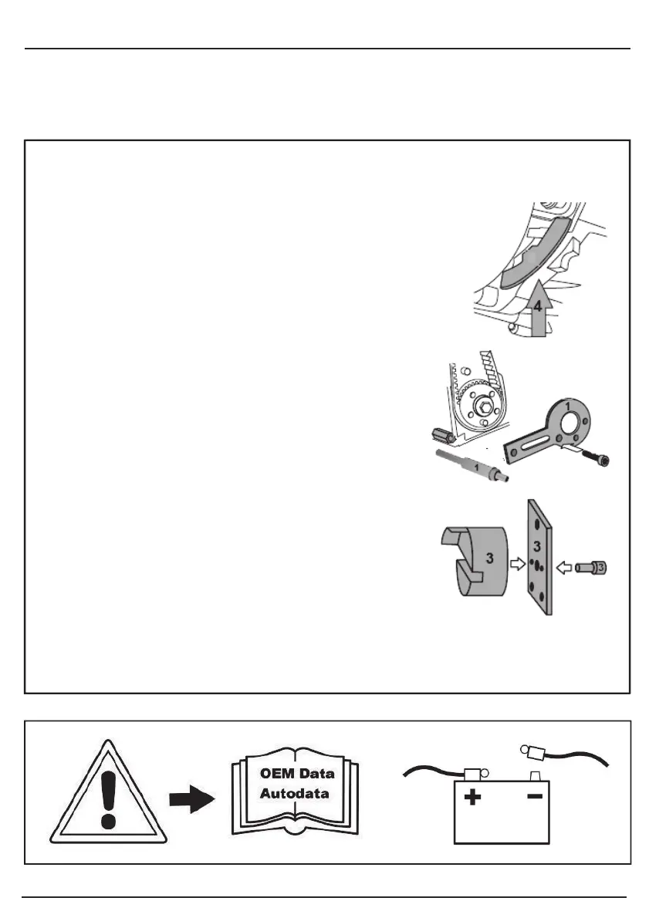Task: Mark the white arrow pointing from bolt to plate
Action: point(564,568)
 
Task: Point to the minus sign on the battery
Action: point(533,798)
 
